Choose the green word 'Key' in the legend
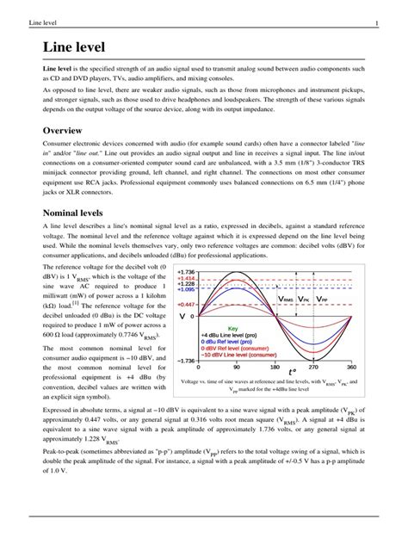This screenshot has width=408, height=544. coord(256,328)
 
